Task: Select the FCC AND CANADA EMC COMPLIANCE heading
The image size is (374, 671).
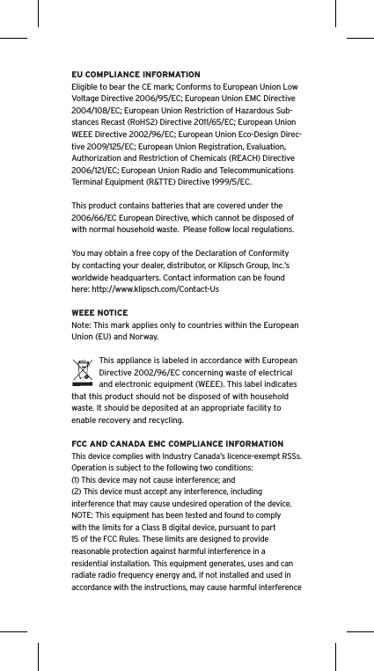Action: [177, 443]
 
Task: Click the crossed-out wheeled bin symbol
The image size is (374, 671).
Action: [82, 372]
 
